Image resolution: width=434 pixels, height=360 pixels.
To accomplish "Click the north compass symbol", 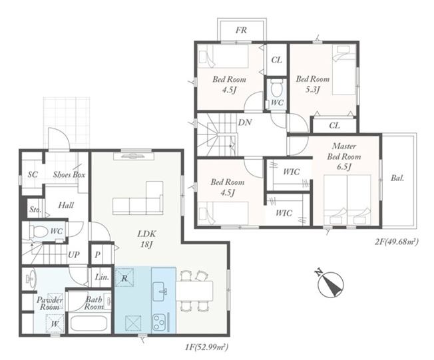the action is coord(330,284).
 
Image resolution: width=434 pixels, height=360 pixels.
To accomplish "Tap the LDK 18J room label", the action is coord(146,239).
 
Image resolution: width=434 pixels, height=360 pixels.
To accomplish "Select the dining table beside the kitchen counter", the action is coord(194,291).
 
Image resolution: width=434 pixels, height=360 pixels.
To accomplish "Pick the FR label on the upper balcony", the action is coord(241,30).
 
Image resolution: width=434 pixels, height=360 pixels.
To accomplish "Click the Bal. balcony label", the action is coord(397,178).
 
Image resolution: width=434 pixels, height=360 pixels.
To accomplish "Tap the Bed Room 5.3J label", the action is coord(312,84).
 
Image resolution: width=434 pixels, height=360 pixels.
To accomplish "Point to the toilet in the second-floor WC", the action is coord(276,88).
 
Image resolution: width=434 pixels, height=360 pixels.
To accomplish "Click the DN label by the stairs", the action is coord(245,122).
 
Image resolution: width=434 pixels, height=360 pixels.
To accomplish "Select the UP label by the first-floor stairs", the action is coord(74,254).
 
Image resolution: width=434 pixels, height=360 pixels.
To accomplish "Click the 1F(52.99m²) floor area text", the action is coord(207,347).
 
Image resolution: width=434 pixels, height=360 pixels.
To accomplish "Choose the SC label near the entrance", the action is coord(33,174).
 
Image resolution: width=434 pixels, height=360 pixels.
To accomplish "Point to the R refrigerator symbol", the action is coord(124,277).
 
